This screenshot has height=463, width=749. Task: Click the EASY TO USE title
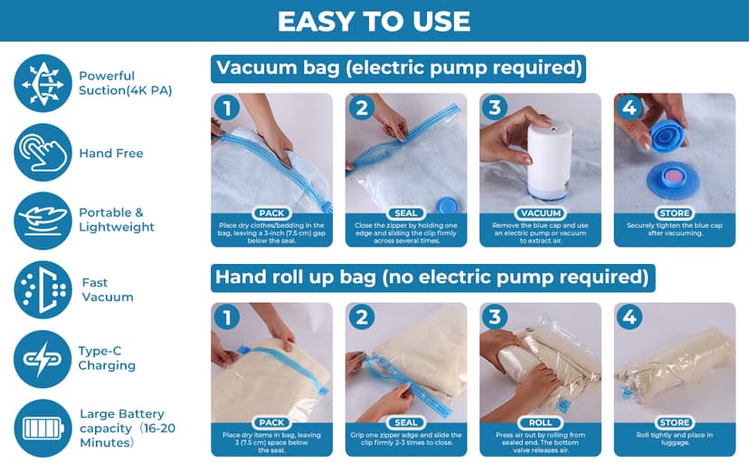374,21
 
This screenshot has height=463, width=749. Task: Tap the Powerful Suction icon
43,82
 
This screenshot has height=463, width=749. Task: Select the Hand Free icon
43,152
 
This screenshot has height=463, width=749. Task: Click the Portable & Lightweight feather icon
43,220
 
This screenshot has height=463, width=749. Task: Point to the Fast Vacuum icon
43,289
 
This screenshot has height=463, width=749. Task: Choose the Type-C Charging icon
43,358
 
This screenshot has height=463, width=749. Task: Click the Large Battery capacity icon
43,427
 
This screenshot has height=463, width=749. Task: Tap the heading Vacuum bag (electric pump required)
398,68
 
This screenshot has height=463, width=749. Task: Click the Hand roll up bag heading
431,276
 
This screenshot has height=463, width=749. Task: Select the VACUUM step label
540,213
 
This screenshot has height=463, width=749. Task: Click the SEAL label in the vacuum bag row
406,213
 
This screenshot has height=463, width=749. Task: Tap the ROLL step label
540,422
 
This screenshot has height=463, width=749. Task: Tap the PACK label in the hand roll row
272,422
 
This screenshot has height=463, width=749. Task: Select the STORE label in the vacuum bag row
675,213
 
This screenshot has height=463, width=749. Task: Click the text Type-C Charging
107,359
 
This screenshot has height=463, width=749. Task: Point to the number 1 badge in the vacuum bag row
226,109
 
